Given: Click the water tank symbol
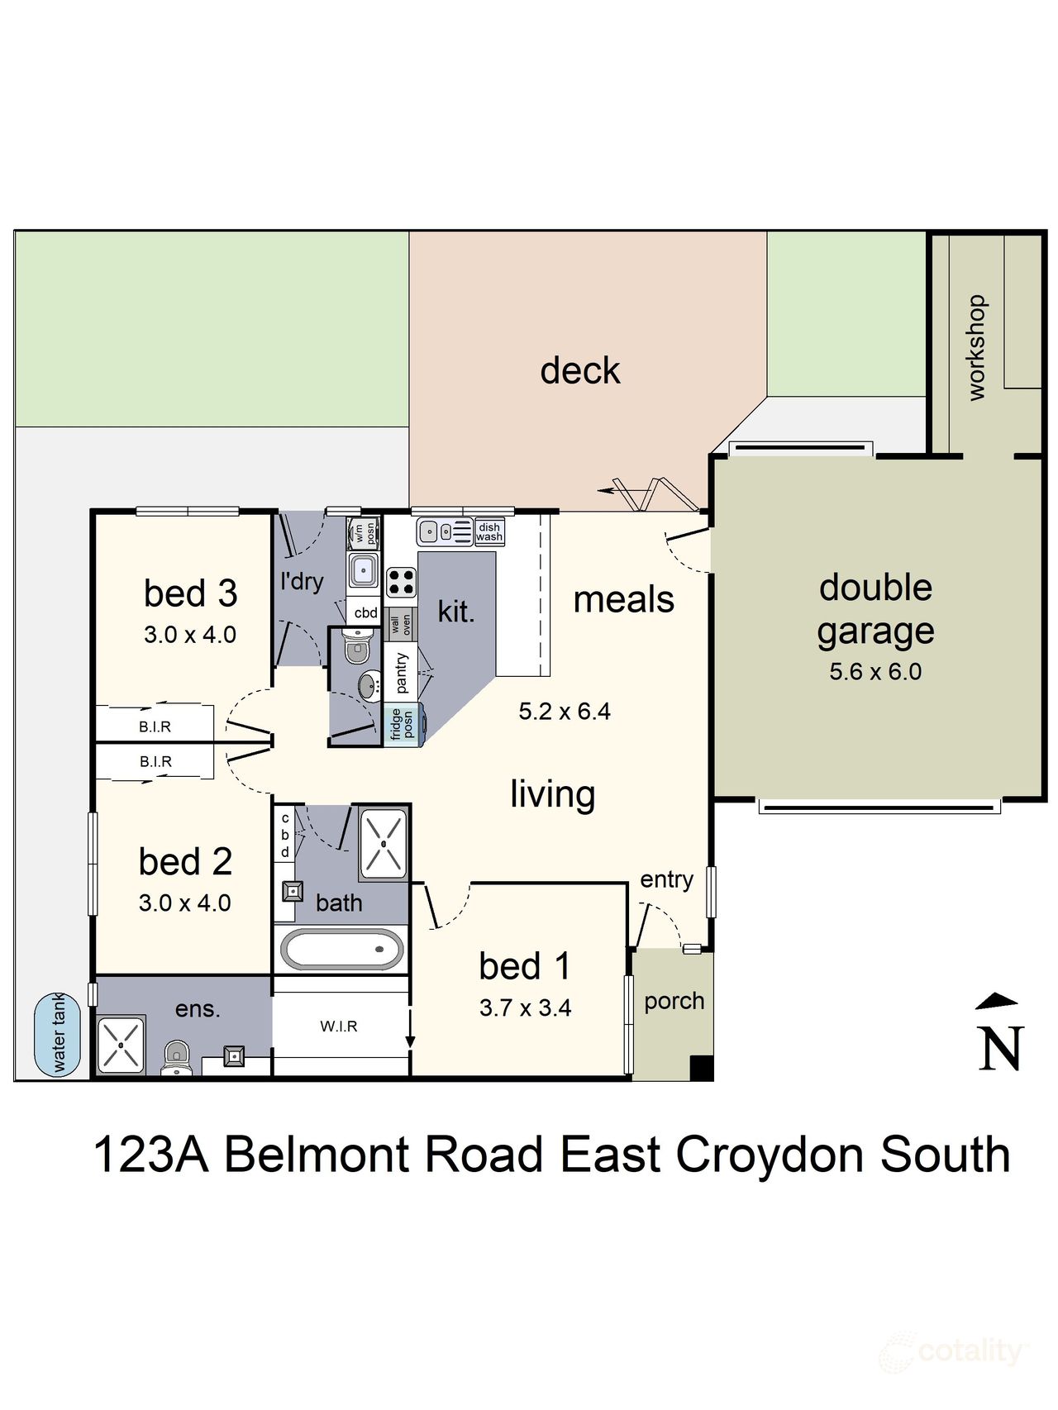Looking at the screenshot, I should coord(58,1034).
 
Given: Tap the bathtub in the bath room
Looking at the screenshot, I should coord(343,949).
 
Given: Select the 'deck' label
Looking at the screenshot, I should coord(579,370).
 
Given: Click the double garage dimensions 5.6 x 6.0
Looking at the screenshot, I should coord(875,671).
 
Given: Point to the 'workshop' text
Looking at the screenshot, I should coord(976,347).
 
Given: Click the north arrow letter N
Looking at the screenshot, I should coord(1001,1048).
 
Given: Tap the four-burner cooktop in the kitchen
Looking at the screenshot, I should coord(402,582).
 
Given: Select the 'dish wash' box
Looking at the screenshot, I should coord(489,531).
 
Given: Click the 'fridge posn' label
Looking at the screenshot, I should coord(403,724).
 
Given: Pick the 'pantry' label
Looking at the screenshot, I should coord(402,672).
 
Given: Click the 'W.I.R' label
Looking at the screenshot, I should coord(339,1026).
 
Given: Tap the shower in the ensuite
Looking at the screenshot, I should coord(121,1045).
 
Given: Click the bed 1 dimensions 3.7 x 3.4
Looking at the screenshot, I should coord(525,1007).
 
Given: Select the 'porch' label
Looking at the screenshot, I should coord(674,1001).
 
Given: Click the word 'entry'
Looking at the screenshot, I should coord(666,879).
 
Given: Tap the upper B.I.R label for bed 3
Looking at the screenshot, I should coord(155,726).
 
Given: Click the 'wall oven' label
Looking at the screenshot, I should coord(401,625).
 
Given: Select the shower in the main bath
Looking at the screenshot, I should coord(384,843).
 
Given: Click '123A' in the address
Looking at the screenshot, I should coord(150,1155).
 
